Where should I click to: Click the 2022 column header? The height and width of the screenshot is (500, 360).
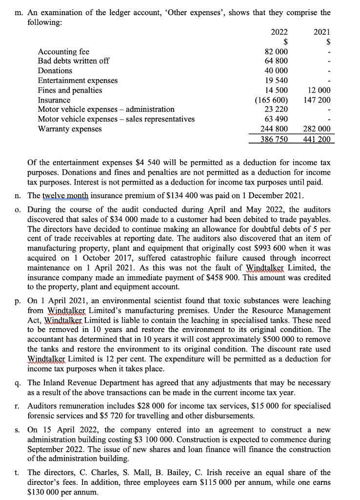tap(279, 32)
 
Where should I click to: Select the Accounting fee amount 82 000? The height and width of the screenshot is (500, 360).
tap(276, 52)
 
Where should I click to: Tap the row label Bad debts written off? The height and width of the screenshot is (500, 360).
tap(74, 61)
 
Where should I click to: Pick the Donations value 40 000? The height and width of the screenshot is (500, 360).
tap(276, 71)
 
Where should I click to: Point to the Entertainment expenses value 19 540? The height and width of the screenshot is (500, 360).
tap(276, 81)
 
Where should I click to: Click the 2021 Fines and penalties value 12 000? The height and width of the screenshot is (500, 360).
tap(319, 90)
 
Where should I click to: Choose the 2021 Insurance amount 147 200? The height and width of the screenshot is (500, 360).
tap(317, 100)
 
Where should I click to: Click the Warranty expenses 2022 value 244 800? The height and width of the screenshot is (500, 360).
tap(274, 129)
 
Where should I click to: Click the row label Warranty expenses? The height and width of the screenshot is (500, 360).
tap(70, 129)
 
